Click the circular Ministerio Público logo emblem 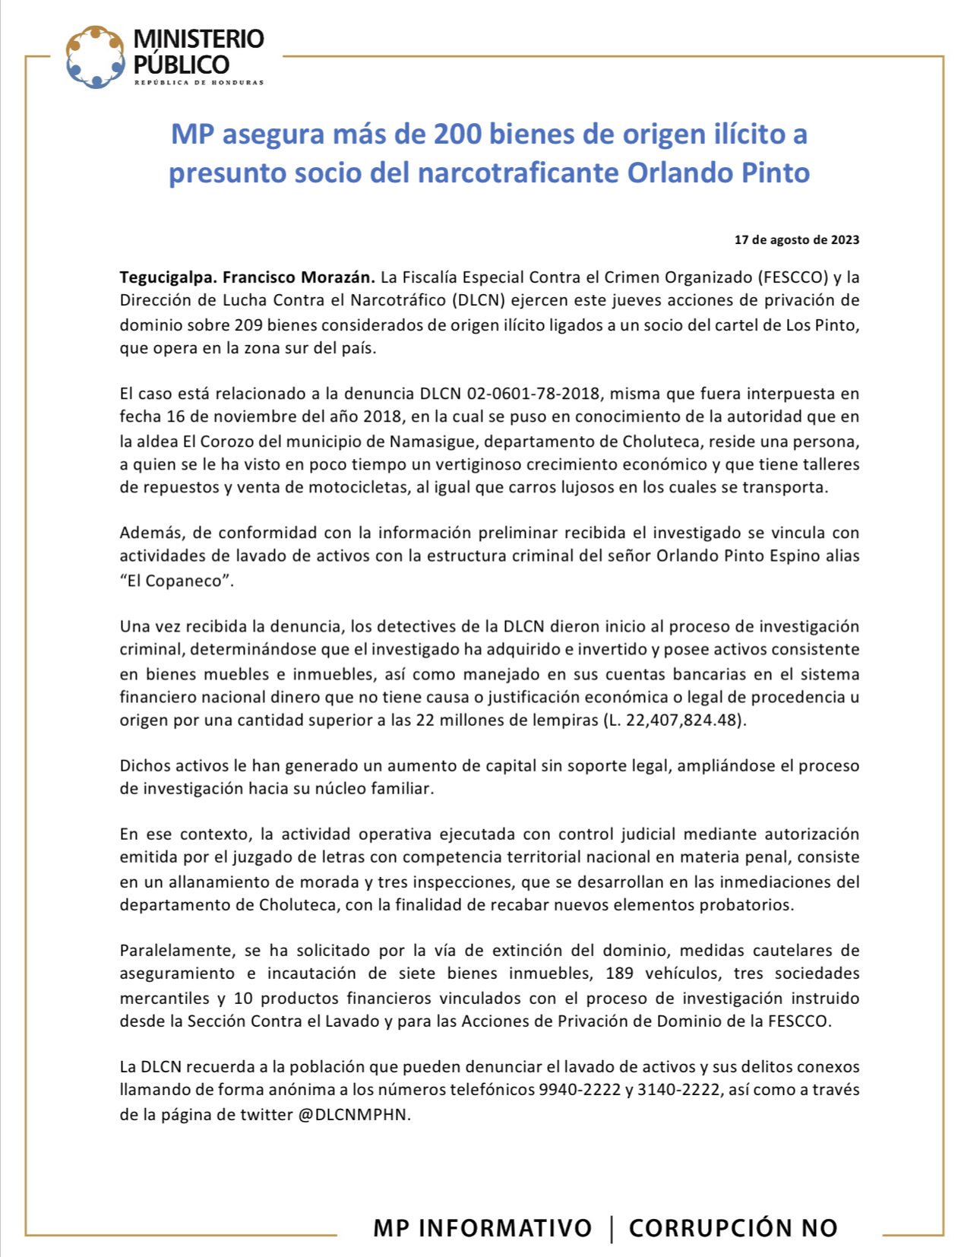click(95, 57)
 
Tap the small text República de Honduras click(199, 82)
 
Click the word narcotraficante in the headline click(519, 173)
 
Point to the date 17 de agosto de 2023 click(797, 240)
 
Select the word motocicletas click(359, 487)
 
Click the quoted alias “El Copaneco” click(176, 581)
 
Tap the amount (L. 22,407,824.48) click(675, 720)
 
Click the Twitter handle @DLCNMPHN click(354, 1114)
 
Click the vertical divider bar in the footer click(612, 1228)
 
